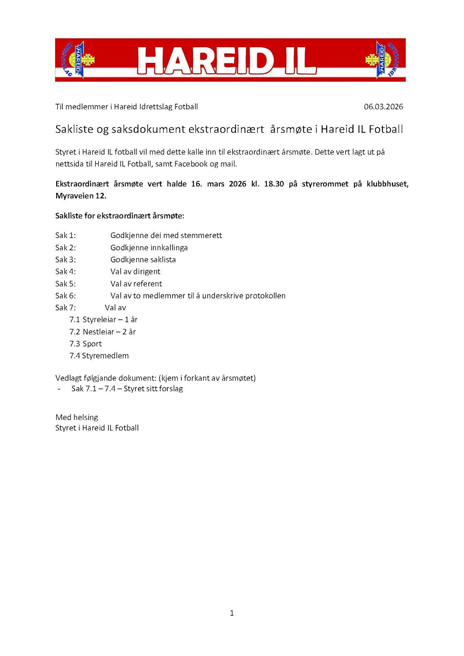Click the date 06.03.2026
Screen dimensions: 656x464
pyautogui.click(x=383, y=107)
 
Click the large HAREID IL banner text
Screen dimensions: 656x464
pyautogui.click(x=226, y=61)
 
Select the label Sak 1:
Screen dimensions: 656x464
pyautogui.click(x=66, y=236)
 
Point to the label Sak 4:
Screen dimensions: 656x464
pyautogui.click(x=66, y=272)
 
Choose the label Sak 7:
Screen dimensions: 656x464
pyautogui.click(x=66, y=308)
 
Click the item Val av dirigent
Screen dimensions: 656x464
pyautogui.click(x=135, y=272)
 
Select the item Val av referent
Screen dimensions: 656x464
pyautogui.click(x=136, y=284)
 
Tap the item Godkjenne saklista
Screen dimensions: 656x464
pyautogui.click(x=143, y=260)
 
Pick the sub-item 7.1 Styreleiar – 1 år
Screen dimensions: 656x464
pyautogui.click(x=103, y=320)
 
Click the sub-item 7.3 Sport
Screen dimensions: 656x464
pyautogui.click(x=86, y=344)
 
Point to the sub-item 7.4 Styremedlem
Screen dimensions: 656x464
pyautogui.click(x=99, y=356)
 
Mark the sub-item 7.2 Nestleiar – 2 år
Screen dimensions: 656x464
pyautogui.click(x=102, y=332)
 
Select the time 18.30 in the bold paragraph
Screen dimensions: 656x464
pyautogui.click(x=274, y=184)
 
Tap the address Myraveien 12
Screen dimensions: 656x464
pyautogui.click(x=81, y=196)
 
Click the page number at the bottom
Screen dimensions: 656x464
pyautogui.click(x=232, y=613)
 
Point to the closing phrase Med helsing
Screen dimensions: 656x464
pyautogui.click(x=77, y=417)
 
